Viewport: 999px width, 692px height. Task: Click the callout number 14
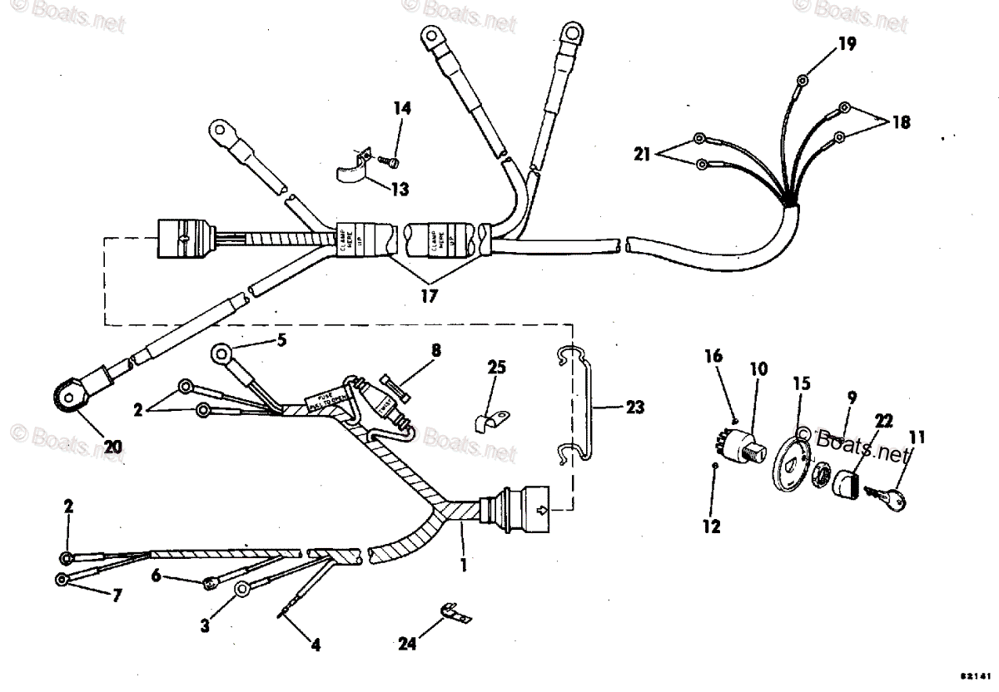[403, 108]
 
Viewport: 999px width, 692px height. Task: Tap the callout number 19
[846, 45]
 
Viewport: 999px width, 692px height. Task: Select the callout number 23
[634, 408]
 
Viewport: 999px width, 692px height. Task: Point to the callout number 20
[112, 447]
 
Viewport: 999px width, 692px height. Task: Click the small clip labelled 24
[455, 618]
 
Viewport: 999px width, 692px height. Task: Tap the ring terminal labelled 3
[242, 590]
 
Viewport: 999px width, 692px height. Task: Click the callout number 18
[900, 121]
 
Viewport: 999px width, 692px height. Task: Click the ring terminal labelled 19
[802, 81]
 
